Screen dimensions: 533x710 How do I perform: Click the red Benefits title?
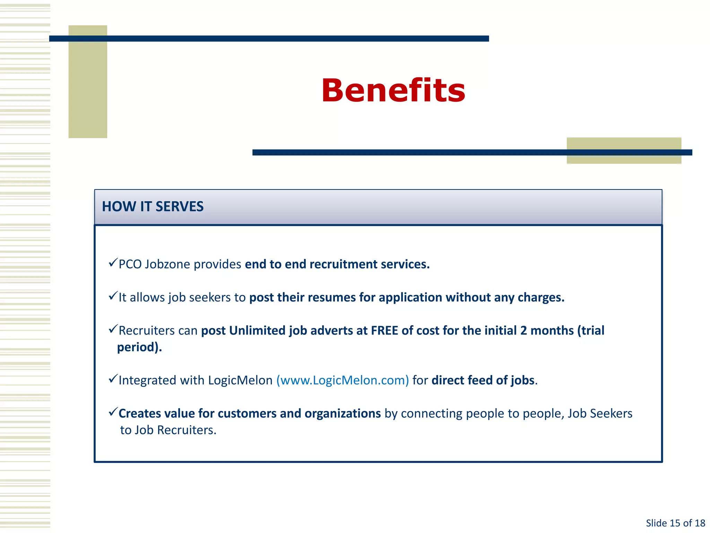click(x=393, y=91)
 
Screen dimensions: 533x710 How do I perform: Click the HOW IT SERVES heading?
click(x=153, y=206)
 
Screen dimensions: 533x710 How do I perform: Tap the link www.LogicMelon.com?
click(x=343, y=380)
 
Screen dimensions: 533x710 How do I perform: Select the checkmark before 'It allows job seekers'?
click(x=113, y=296)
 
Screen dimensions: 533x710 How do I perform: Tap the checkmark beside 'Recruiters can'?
click(x=113, y=329)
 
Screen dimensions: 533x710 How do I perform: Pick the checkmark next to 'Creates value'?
click(x=113, y=412)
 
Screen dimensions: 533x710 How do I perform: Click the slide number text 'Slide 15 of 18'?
click(x=675, y=523)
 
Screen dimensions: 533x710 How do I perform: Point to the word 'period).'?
click(x=139, y=347)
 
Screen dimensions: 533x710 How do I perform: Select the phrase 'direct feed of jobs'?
click(x=483, y=380)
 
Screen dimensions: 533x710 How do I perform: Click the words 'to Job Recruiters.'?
click(x=168, y=430)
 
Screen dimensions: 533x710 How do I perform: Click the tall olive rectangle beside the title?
click(x=88, y=82)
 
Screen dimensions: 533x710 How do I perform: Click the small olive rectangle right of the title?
click(x=624, y=150)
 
